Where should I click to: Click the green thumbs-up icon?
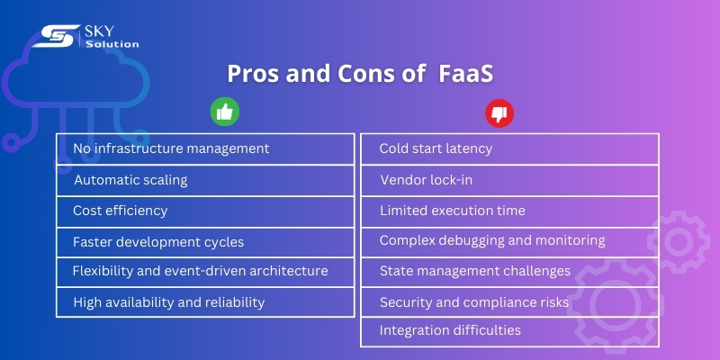click(x=224, y=112)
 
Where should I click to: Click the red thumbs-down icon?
click(x=498, y=113)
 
